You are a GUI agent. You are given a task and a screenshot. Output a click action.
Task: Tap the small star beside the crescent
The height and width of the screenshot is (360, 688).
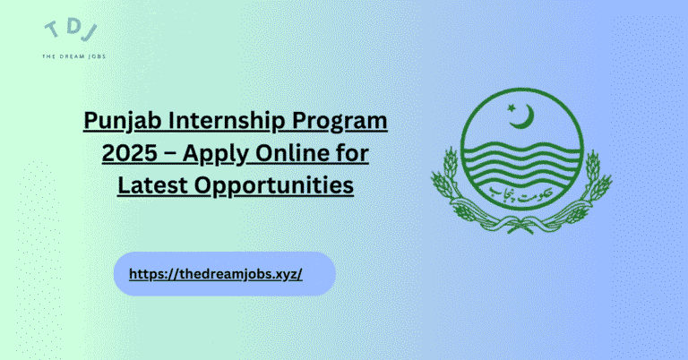point(513,108)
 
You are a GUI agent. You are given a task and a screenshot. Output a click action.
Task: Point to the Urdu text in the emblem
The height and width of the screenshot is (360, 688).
point(527,191)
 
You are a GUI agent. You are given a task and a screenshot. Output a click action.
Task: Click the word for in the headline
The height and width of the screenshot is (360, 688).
point(357,154)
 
